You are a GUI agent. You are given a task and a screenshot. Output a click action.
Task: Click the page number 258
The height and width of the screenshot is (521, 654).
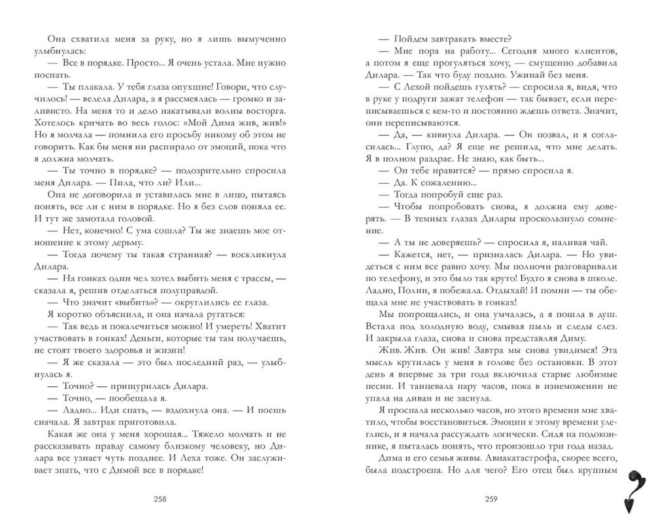[160, 499]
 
